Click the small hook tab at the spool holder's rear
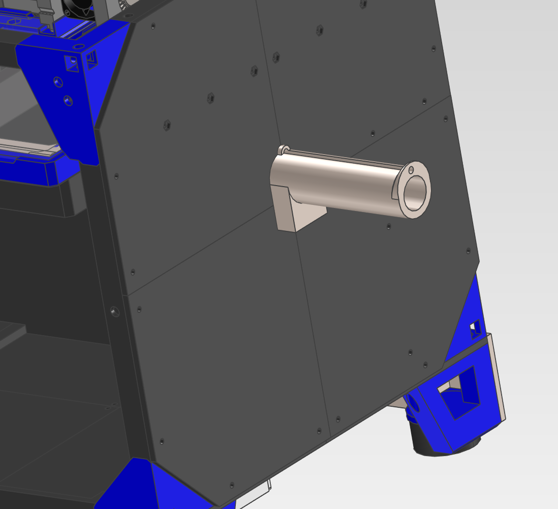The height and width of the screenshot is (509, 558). coord(283,149)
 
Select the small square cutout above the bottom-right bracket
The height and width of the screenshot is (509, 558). coord(475,329)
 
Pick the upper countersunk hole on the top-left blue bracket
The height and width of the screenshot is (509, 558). coord(57,82)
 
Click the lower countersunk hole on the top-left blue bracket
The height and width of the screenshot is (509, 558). coord(68,100)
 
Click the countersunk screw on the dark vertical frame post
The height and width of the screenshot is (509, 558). coord(115,311)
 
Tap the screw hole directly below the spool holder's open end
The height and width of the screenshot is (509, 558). coord(389,226)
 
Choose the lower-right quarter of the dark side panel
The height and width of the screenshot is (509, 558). coord(376,315)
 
